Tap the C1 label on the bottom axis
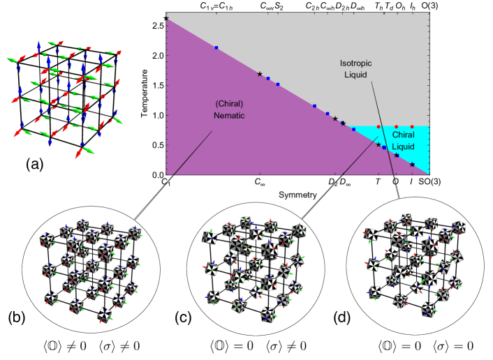pyautogui.click(x=165, y=183)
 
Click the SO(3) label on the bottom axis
pyautogui.click(x=428, y=182)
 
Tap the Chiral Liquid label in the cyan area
pyautogui.click(x=404, y=141)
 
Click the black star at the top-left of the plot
pyautogui.click(x=165, y=18)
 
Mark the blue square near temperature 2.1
pyautogui.click(x=216, y=47)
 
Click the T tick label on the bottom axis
pyautogui.click(x=378, y=183)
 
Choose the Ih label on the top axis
pyautogui.click(x=412, y=6)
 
